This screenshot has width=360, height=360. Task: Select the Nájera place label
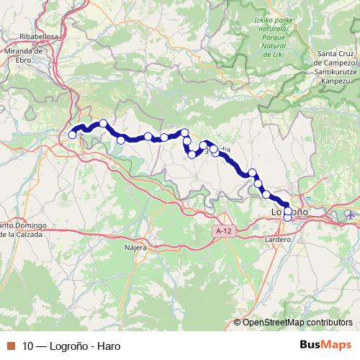click(136, 247)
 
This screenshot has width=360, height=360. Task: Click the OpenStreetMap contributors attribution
click(297, 323)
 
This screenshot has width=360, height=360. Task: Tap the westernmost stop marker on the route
click(72, 135)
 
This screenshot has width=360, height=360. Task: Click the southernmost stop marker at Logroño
click(288, 217)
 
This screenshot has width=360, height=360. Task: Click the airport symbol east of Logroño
click(351, 215)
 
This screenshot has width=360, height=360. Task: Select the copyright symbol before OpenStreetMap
click(238, 323)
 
